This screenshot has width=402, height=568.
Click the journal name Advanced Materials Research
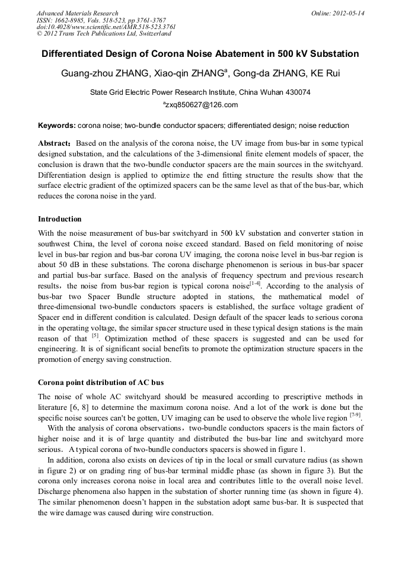(77, 13)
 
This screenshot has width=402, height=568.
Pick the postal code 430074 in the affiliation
(297, 92)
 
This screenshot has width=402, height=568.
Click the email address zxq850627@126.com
(202, 105)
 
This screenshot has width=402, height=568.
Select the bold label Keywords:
(57, 126)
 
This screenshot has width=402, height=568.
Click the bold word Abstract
(55, 144)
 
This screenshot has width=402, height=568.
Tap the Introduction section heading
(60, 219)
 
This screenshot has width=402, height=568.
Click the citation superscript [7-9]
(355, 415)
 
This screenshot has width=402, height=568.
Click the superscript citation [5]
(95, 335)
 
